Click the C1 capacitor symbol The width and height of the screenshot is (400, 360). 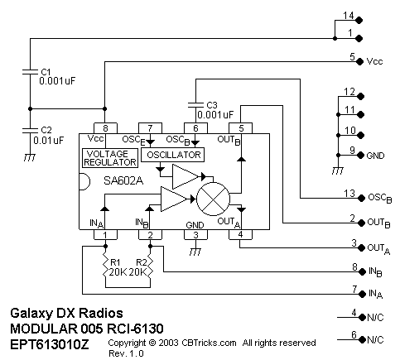tap(30, 72)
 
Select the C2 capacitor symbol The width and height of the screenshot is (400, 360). tap(30, 130)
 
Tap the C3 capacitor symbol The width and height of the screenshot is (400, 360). tap(195, 105)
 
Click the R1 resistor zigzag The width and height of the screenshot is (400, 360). tap(105, 266)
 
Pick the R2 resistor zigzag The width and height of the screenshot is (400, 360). tap(150, 266)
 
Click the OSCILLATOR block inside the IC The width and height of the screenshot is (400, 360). tap(173, 155)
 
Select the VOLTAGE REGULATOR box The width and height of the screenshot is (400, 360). tap(110, 158)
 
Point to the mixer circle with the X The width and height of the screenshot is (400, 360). tap(213, 199)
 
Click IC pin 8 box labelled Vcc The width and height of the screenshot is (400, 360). tap(105, 128)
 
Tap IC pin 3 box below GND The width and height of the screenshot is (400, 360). tap(195, 235)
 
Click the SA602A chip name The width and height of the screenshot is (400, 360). tap(123, 180)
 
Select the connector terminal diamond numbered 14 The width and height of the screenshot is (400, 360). tap(359, 20)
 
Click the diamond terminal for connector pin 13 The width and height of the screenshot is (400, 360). tap(361, 198)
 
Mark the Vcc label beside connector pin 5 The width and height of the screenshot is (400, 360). tap(374, 61)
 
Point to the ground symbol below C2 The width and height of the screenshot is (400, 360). tap(30, 157)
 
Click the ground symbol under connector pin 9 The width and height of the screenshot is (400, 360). tap(338, 171)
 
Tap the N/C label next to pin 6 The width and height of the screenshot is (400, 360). tap(375, 339)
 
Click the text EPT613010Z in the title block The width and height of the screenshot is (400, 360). tap(50, 344)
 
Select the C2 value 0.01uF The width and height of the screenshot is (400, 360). tap(49, 141)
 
